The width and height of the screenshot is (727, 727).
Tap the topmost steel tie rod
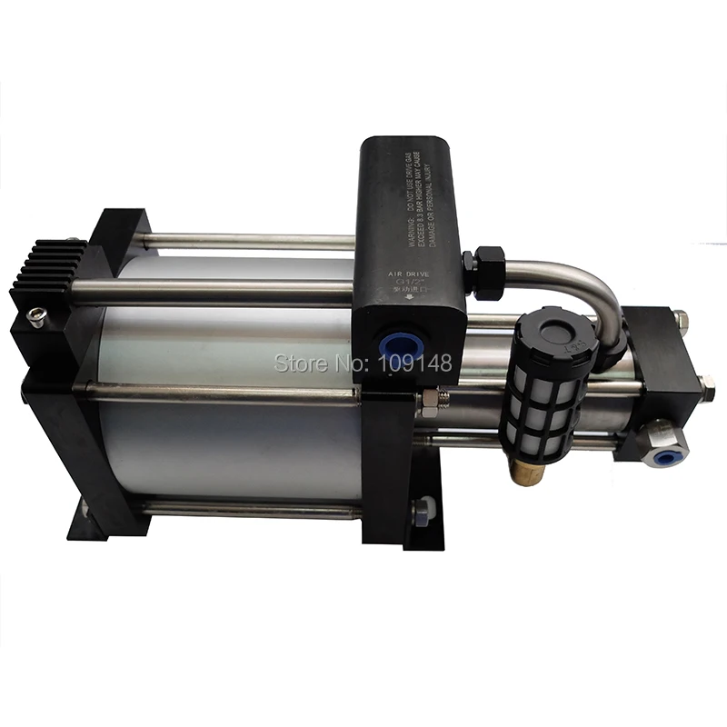pos(245,242)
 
